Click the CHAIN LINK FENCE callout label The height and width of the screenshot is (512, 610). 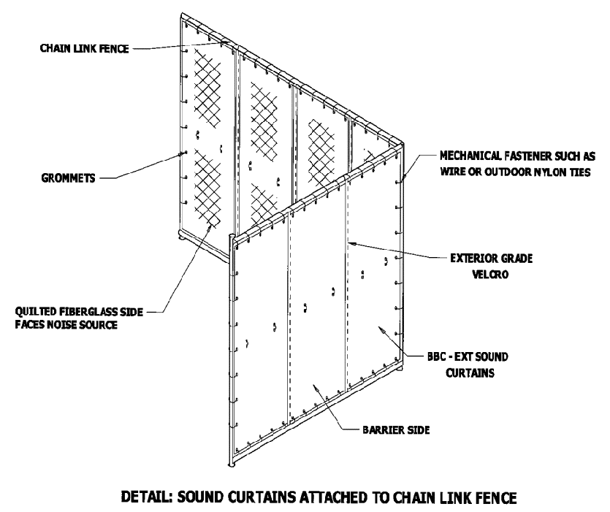83,48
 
